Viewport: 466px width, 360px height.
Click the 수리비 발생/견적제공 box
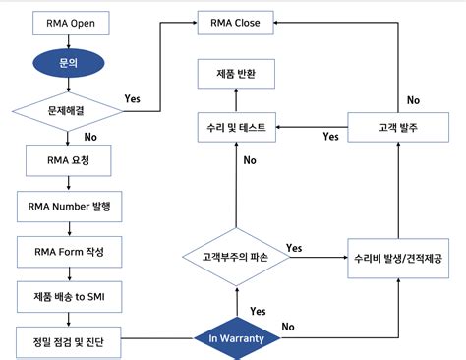pos(396,259)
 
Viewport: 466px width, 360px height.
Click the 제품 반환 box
pos(235,74)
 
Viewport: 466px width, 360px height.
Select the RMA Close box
pos(235,22)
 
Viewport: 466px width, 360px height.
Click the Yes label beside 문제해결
pos(133,99)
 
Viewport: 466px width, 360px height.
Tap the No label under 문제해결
pos(91,139)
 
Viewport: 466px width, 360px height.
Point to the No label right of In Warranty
pos(289,326)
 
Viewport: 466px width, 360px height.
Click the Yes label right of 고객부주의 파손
pos(293,247)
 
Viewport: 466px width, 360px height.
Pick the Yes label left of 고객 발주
pos(330,137)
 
